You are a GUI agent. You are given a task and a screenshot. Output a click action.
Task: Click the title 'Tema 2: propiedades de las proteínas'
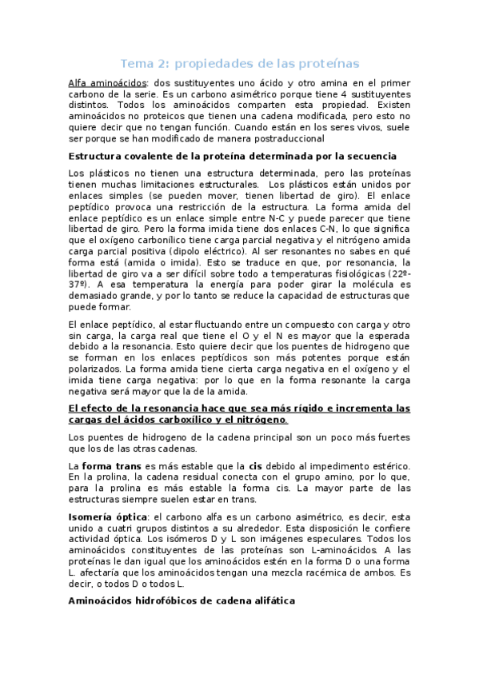coord(239,62)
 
